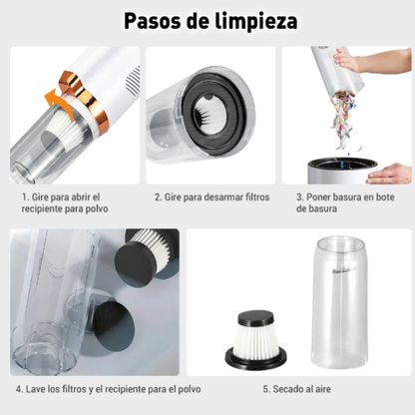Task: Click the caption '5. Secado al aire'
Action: [297, 388]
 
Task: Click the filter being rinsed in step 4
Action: [147, 265]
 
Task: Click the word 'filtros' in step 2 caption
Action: [255, 197]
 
